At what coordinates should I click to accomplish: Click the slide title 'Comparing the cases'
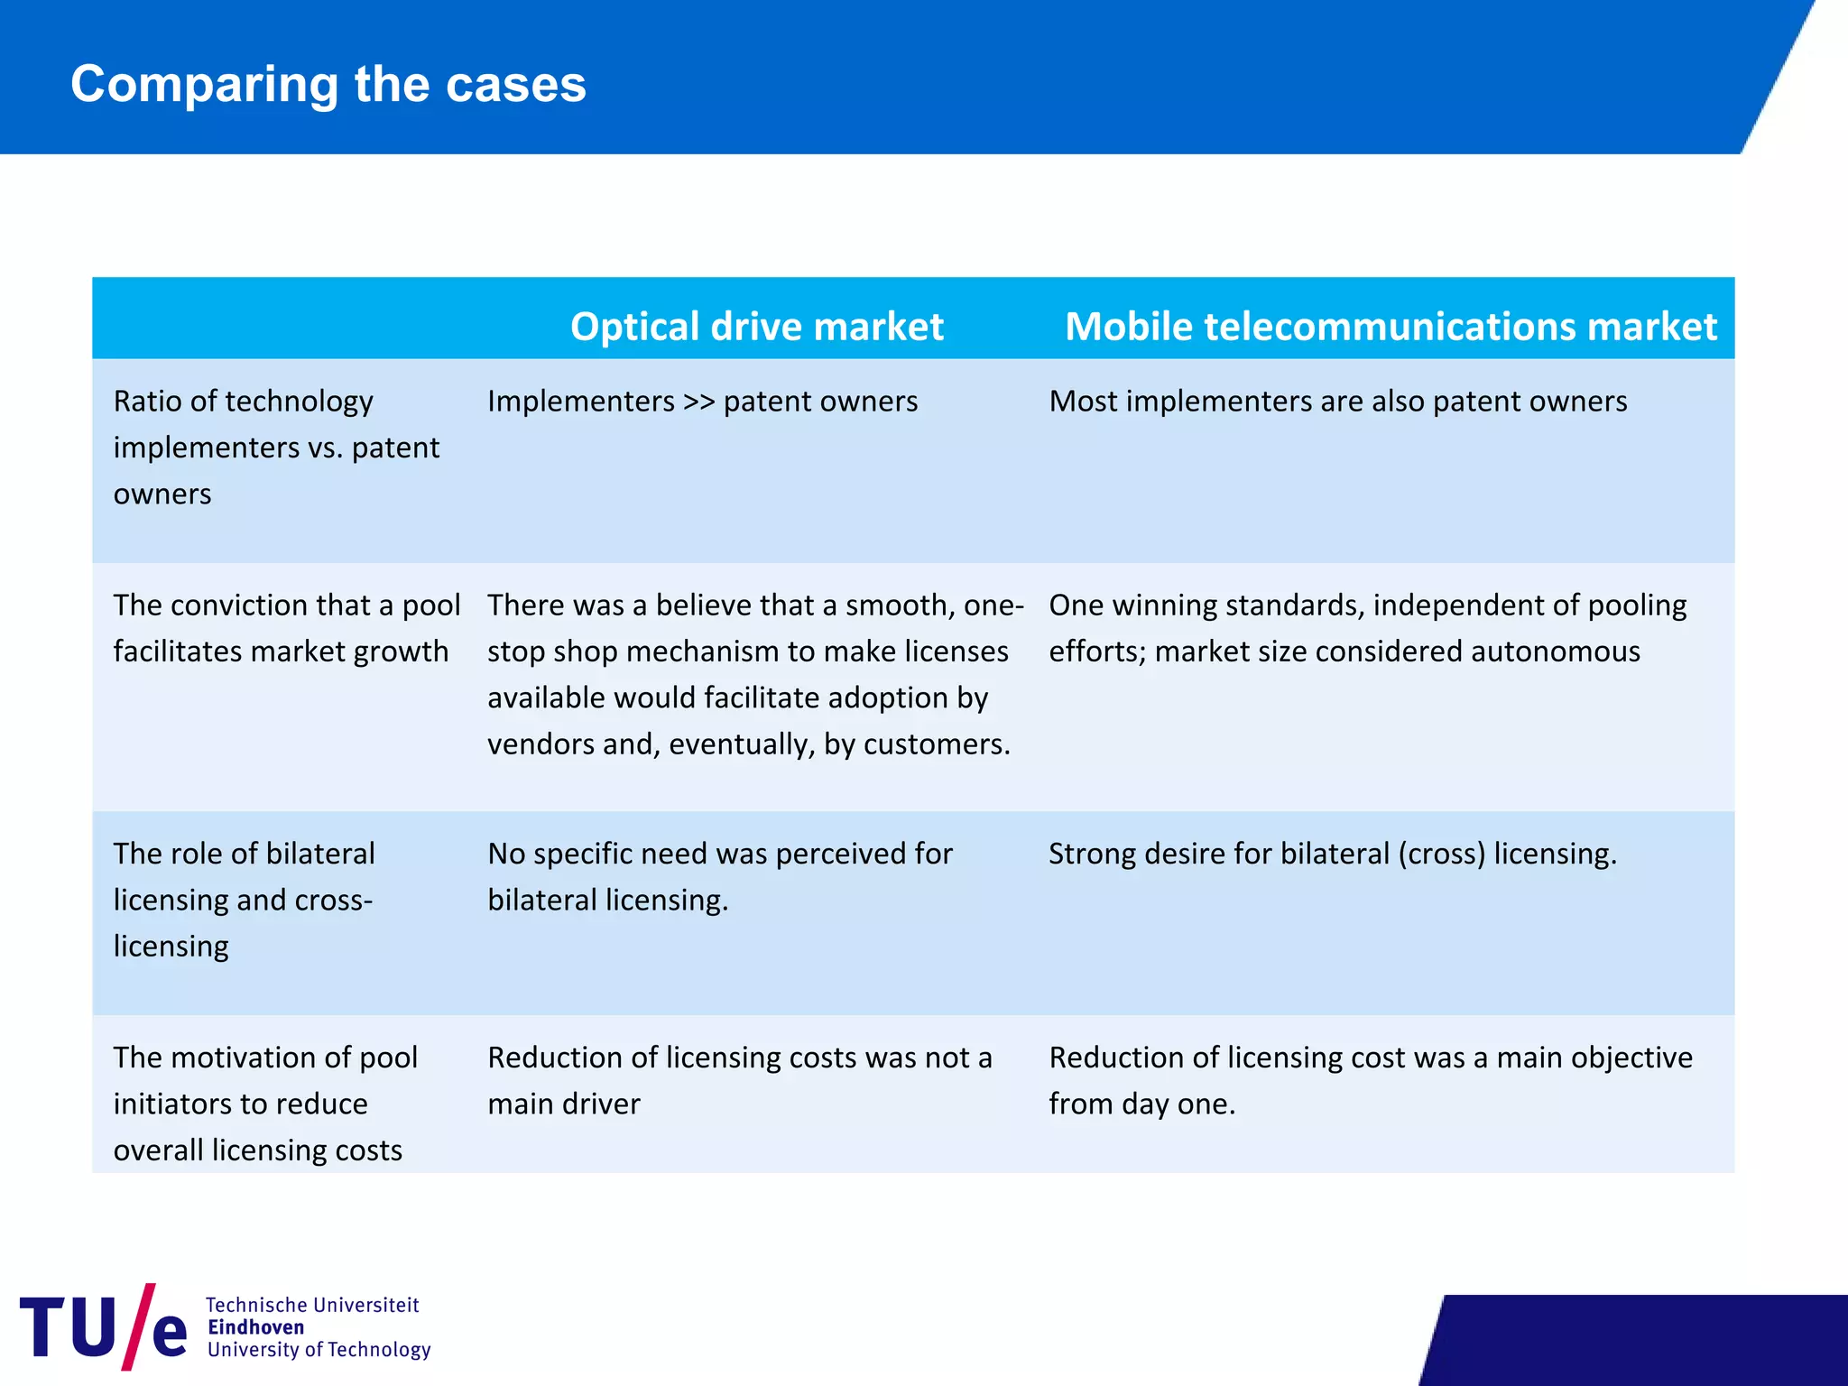pos(328,84)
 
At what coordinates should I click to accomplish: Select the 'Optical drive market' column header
pos(756,326)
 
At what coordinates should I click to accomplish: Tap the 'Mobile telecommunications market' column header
pos(1390,326)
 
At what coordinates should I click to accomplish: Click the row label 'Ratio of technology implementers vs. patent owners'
pos(276,448)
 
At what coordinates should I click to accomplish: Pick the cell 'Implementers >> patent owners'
pos(702,402)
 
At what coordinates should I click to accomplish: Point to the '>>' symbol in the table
pos(699,402)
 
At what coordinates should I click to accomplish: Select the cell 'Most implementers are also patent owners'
pos(1337,402)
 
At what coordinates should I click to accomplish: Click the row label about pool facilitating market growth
pos(286,628)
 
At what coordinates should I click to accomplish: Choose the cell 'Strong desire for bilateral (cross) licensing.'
pos(1332,854)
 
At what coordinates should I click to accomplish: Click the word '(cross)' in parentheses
pos(1441,854)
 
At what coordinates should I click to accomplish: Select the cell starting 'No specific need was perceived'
pos(719,876)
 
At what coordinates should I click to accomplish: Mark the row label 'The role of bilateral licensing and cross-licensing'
pos(244,900)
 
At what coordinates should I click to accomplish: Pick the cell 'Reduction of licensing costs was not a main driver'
pos(739,1080)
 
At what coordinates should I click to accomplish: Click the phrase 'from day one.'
pos(1141,1104)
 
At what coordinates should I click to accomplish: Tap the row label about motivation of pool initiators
pos(265,1104)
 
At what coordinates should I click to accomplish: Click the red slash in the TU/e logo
pos(138,1326)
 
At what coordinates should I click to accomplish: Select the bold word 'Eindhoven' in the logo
pos(255,1327)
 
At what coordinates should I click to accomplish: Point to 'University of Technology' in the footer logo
pos(319,1350)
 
